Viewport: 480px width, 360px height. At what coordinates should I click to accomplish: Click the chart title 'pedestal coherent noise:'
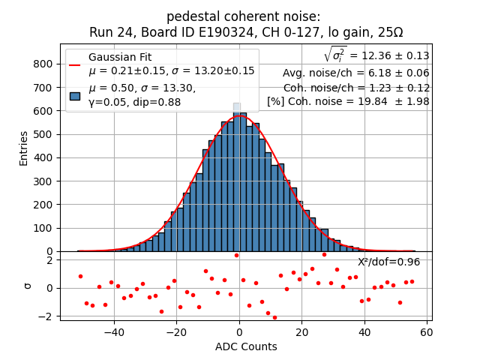coord(243,16)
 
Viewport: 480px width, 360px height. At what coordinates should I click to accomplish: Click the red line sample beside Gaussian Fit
coord(75,64)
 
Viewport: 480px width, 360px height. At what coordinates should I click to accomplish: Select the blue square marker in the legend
coord(75,95)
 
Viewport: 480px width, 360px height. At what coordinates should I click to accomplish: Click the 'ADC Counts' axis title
coord(246,346)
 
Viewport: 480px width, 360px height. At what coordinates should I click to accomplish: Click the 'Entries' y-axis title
coord(23,148)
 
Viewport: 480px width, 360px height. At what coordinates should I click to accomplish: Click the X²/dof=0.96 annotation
coord(388,262)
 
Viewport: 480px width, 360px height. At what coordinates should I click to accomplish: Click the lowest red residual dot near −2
coord(274,317)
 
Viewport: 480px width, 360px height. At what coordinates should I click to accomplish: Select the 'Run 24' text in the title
coord(109,32)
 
